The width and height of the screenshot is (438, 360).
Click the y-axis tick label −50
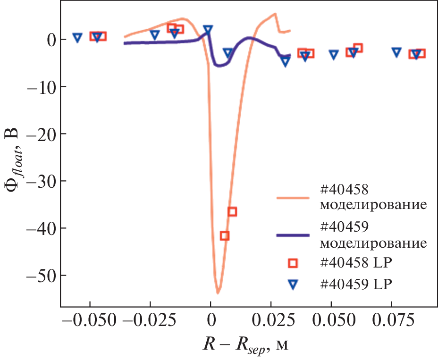[38, 276]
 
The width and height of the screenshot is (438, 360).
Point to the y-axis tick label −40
[38, 228]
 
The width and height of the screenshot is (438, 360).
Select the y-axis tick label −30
[38, 181]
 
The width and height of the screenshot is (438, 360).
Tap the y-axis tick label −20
[38, 134]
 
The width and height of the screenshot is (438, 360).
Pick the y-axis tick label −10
[38, 87]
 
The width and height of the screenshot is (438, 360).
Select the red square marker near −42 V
[225, 235]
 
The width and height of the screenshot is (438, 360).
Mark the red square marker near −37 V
[232, 211]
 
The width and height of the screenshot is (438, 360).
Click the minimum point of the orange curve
[218, 293]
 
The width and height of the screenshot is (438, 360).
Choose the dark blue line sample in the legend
[292, 235]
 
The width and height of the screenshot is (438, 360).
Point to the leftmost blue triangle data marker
[77, 38]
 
